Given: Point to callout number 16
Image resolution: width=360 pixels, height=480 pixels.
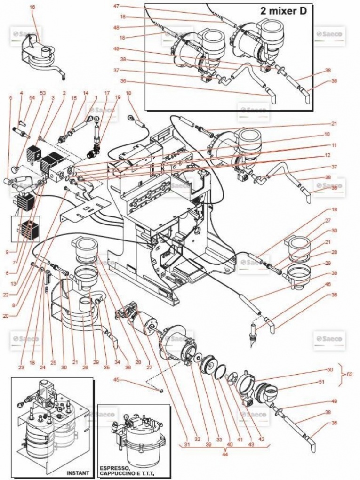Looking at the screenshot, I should point(32,7).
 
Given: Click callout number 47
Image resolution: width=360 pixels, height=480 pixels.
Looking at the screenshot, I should point(116,6).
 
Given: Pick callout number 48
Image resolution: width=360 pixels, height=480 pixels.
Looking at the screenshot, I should point(116,27).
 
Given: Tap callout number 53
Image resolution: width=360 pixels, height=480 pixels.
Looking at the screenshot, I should point(42,93).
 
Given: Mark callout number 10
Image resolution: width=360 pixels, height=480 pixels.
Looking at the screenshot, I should point(327,134).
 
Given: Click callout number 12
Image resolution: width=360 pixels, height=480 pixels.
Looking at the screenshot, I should point(327,155).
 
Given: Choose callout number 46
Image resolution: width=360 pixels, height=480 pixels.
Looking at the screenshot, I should point(327,285).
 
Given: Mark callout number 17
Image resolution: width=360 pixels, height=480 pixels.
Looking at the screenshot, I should point(107,93).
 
